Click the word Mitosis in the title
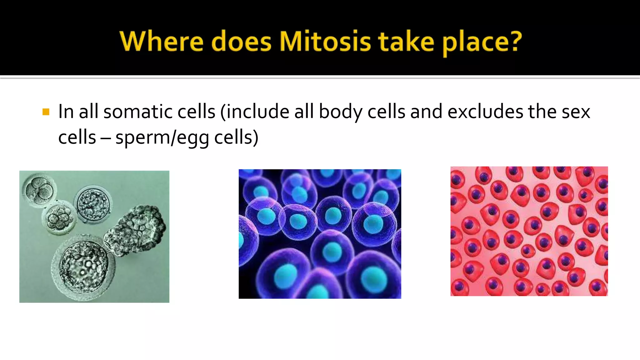pos(325,41)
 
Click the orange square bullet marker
pos(46,112)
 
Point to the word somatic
pos(137,112)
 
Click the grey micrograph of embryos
pos(94,237)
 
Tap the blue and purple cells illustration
pos(320,234)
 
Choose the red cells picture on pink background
pos(529,231)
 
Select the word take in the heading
pos(406,41)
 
